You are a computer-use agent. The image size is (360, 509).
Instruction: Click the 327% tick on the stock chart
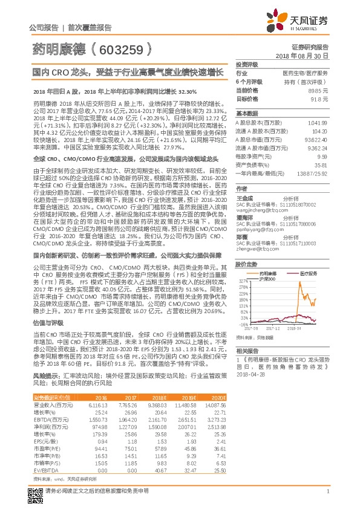point(244,282)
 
